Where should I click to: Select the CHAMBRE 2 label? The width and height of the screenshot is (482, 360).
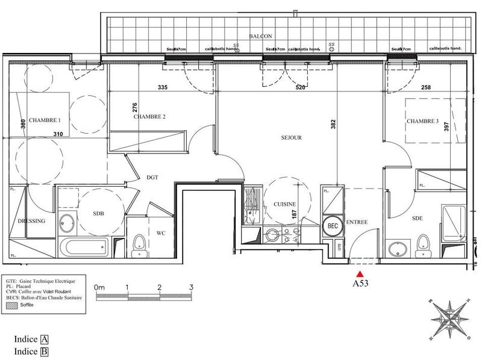point(149,117)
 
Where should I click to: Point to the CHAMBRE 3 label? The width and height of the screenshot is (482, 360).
point(423,122)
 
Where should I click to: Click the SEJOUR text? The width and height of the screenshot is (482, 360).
point(290,138)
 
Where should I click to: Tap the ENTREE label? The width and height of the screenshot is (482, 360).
point(357,223)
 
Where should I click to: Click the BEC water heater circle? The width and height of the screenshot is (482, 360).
point(332,225)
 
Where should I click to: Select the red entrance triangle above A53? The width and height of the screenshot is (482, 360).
point(361,273)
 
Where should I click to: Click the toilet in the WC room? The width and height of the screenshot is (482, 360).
point(139,244)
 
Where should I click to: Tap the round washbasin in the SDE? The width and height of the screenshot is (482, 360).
point(397,249)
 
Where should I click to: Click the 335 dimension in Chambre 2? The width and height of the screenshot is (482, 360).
point(161,87)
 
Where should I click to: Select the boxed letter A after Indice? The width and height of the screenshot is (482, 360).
point(44,340)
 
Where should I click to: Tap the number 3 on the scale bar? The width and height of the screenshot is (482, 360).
point(190,288)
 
